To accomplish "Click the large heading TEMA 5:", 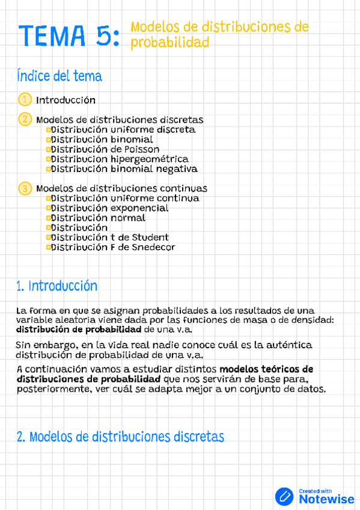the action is (x=68, y=35).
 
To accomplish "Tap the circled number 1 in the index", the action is (x=25, y=99).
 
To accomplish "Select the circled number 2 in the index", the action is (x=25, y=119).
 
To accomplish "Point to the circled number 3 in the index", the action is (x=25, y=188).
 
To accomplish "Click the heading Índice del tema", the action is (x=59, y=76).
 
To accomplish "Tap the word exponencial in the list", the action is (x=139, y=208).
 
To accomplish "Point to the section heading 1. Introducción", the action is (x=57, y=286).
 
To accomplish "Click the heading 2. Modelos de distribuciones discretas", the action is (x=120, y=437).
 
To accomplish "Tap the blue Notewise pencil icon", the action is (x=284, y=496).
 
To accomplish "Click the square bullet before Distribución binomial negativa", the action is (x=48, y=169).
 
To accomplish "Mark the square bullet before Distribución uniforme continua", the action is (x=48, y=198).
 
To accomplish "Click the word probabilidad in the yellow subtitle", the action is (x=170, y=43).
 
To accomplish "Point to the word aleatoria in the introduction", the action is (x=72, y=321).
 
